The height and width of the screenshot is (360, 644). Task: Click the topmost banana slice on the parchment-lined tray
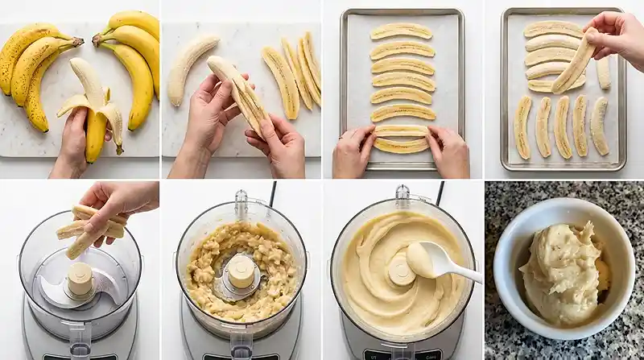click(401, 31)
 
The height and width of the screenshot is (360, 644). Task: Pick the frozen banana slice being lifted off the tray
click(574, 61)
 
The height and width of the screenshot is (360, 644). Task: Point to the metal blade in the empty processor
click(56, 294)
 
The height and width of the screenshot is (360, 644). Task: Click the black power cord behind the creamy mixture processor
click(440, 193)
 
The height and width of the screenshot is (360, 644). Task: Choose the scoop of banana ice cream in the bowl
click(563, 271)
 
